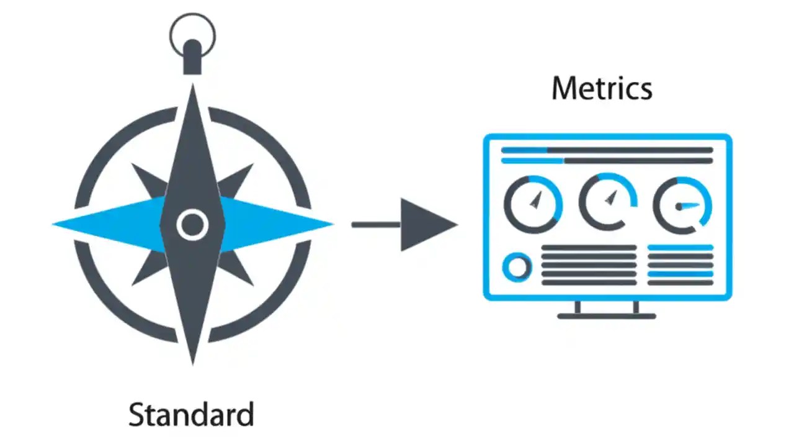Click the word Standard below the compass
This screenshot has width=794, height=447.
click(191, 414)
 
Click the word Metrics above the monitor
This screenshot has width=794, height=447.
click(602, 88)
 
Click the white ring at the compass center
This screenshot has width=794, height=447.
click(192, 225)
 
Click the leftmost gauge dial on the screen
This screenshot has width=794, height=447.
click(533, 204)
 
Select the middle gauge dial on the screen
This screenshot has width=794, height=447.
click(608, 202)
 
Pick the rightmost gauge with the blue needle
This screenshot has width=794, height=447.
click(682, 205)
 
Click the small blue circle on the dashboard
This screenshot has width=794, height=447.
click(517, 268)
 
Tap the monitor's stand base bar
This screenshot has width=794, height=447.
click(606, 316)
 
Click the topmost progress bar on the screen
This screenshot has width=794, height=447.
click(607, 150)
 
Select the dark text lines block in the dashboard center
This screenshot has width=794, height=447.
click(589, 265)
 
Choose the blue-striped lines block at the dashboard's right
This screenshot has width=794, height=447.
click(680, 265)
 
